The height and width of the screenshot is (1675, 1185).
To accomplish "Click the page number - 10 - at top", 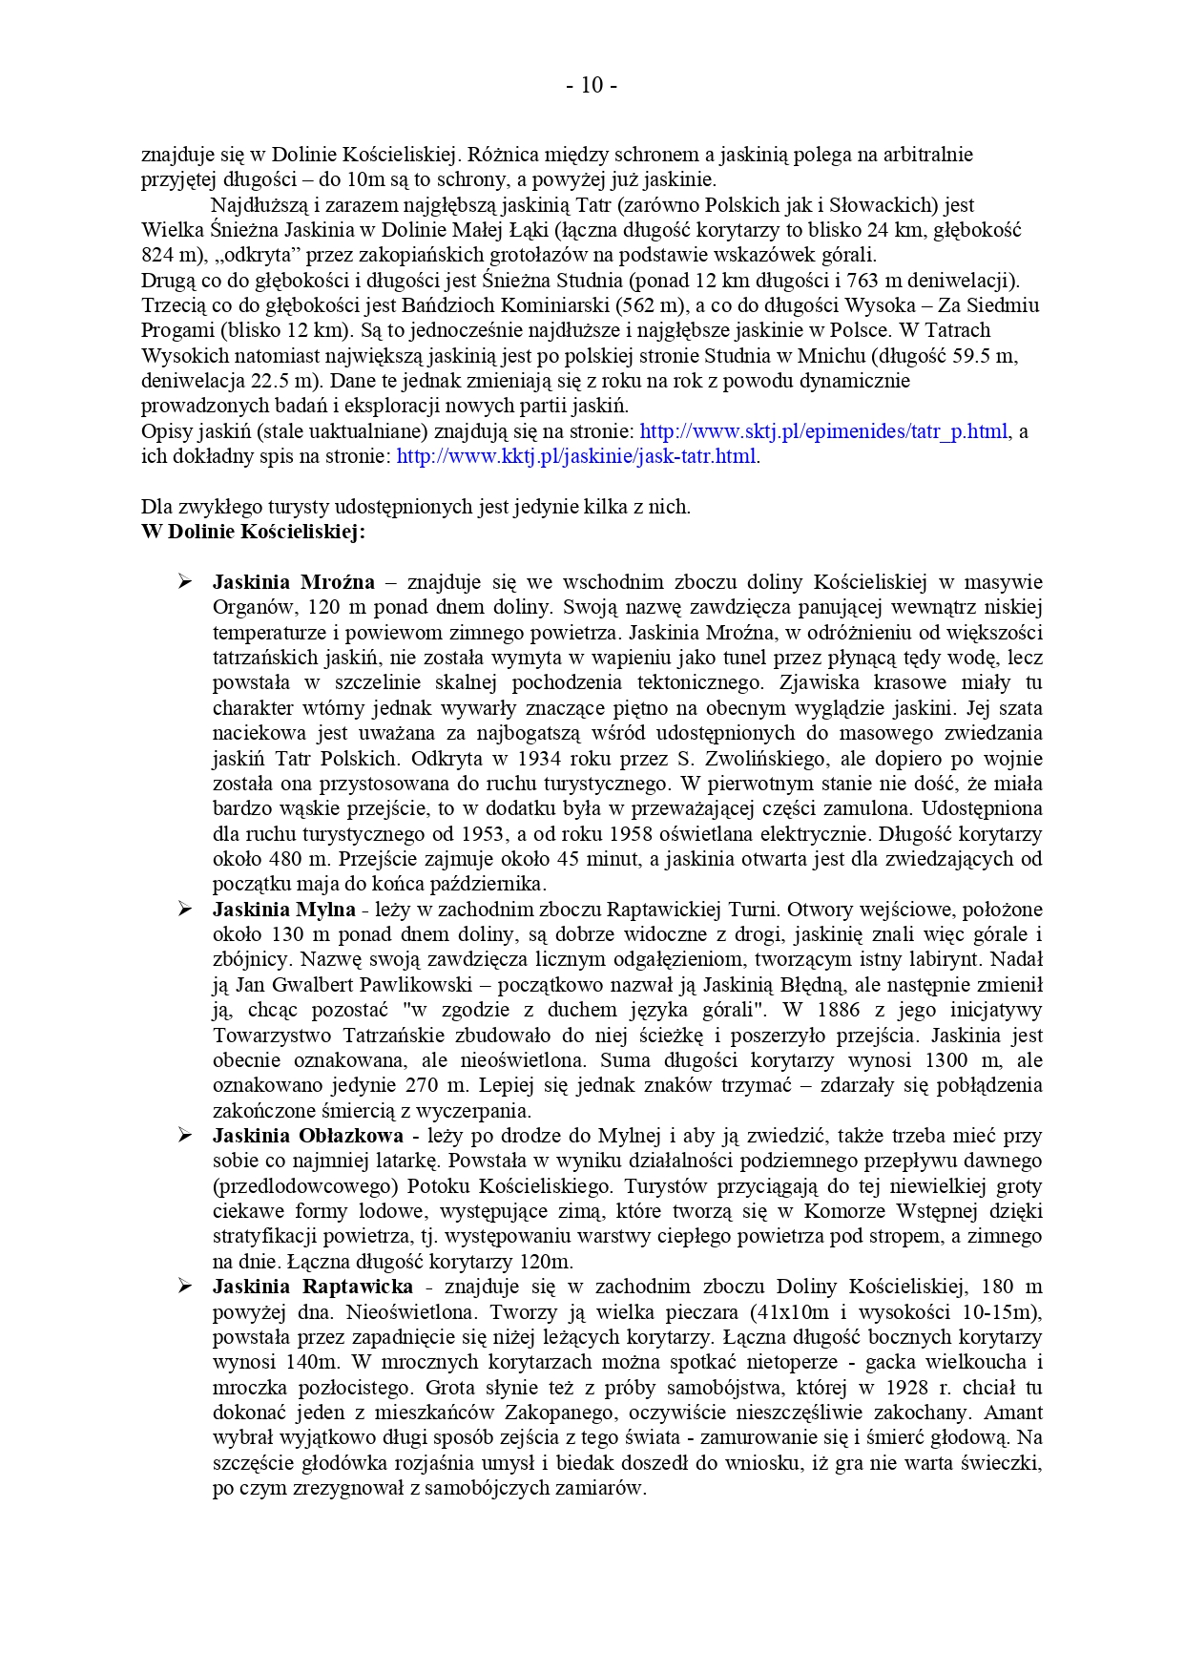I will click(x=592, y=86).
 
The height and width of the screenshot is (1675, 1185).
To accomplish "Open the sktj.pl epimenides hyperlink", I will click(x=822, y=431).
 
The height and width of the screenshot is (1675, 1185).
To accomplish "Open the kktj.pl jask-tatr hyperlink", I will click(x=576, y=456).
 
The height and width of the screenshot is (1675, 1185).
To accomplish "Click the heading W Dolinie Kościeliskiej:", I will click(x=253, y=533).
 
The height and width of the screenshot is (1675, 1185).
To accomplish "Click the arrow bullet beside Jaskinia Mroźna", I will click(x=184, y=582).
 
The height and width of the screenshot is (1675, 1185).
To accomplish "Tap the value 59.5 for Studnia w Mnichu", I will click(x=971, y=356).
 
